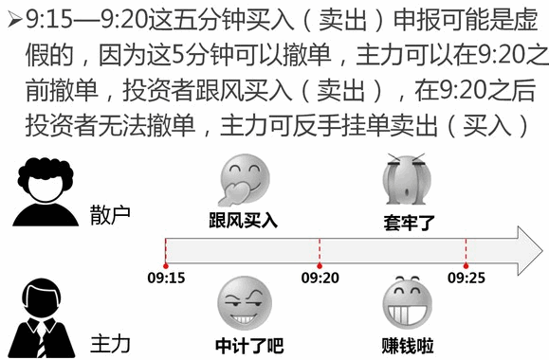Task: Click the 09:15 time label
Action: pyautogui.click(x=166, y=278)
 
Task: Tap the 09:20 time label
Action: pyautogui.click(x=320, y=278)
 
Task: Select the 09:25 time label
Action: pyautogui.click(x=467, y=278)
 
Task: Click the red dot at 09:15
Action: pyautogui.click(x=166, y=266)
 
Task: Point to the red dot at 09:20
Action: pyautogui.click(x=320, y=266)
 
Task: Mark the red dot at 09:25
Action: pyautogui.click(x=466, y=266)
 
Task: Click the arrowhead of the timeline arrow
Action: pyautogui.click(x=530, y=251)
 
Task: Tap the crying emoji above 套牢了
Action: pyautogui.click(x=406, y=179)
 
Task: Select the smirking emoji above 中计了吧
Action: pyautogui.click(x=245, y=303)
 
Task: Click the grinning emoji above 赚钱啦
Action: pyautogui.click(x=407, y=303)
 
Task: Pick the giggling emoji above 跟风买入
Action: pyautogui.click(x=244, y=180)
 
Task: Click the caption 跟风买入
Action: pyautogui.click(x=244, y=221)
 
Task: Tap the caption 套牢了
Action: pyautogui.click(x=409, y=223)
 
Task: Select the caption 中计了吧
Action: pyautogui.click(x=249, y=345)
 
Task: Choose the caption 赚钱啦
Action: pyautogui.click(x=408, y=345)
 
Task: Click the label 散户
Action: pyautogui.click(x=110, y=214)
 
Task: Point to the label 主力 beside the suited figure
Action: pyautogui.click(x=110, y=344)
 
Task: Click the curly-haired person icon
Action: pyautogui.click(x=46, y=191)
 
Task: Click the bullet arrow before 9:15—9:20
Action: pyautogui.click(x=15, y=19)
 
